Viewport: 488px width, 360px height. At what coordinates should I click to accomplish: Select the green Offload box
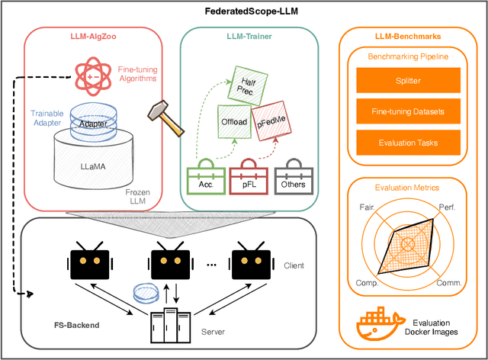point(236,121)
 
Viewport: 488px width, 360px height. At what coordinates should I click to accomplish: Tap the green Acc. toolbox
point(206,180)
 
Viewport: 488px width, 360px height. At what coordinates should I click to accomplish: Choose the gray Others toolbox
point(294,180)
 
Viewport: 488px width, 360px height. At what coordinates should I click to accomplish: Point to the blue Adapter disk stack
point(91,122)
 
